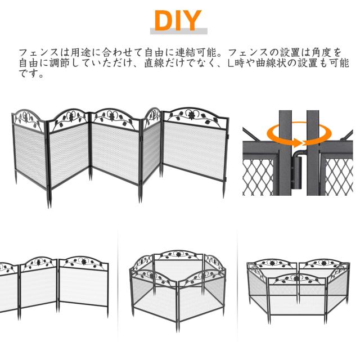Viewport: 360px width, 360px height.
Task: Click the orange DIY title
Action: (x=178, y=21)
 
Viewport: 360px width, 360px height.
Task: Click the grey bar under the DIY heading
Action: (x=179, y=31)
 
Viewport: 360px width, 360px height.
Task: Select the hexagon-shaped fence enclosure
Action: (x=178, y=289)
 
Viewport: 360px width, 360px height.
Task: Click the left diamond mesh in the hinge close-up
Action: (x=259, y=177)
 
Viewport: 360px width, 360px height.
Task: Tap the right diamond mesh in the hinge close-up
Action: (x=339, y=177)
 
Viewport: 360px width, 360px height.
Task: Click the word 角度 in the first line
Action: (x=321, y=52)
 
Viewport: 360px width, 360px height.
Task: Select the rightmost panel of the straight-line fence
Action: (x=83, y=287)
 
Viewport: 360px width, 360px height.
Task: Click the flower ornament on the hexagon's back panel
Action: (x=178, y=254)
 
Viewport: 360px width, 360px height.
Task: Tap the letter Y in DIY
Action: (x=190, y=21)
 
